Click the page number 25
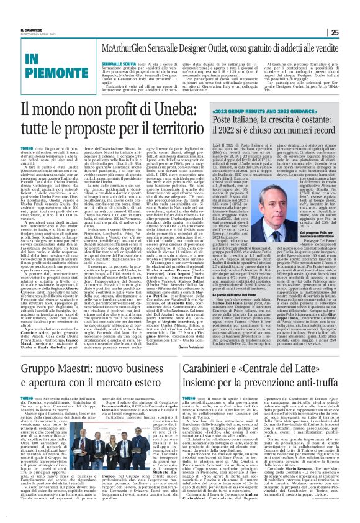(350, 16)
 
